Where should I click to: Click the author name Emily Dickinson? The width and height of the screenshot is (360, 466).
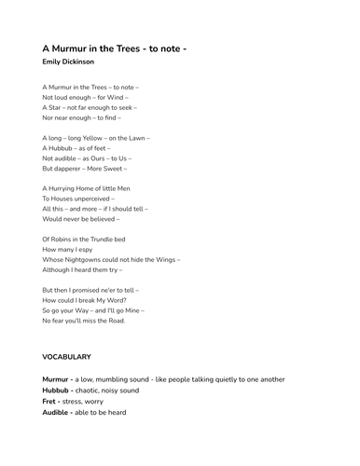click(x=68, y=62)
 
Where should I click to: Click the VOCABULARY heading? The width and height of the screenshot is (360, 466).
click(x=66, y=357)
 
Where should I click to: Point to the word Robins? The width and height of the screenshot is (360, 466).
click(x=62, y=240)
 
